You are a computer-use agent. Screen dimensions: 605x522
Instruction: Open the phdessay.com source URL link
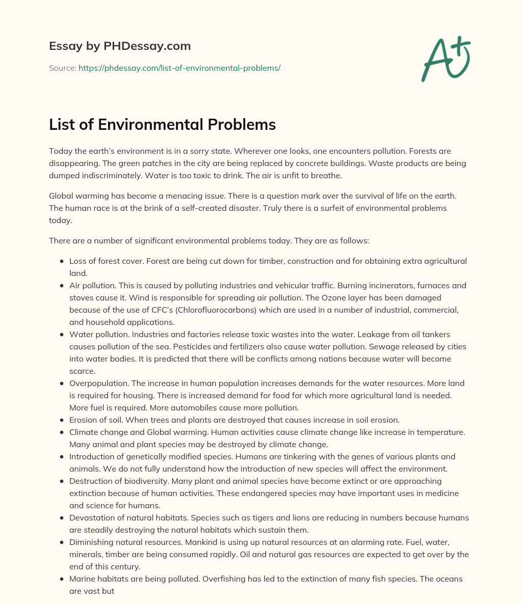click(179, 68)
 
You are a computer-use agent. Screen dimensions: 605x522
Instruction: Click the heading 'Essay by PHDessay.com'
click(120, 46)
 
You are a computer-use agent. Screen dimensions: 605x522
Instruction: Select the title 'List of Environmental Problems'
click(162, 124)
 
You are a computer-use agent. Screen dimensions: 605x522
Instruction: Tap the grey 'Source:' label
click(62, 68)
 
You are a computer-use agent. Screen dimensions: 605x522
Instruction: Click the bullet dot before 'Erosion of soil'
click(62, 420)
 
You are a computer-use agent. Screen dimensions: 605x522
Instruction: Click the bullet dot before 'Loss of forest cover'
click(62, 261)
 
